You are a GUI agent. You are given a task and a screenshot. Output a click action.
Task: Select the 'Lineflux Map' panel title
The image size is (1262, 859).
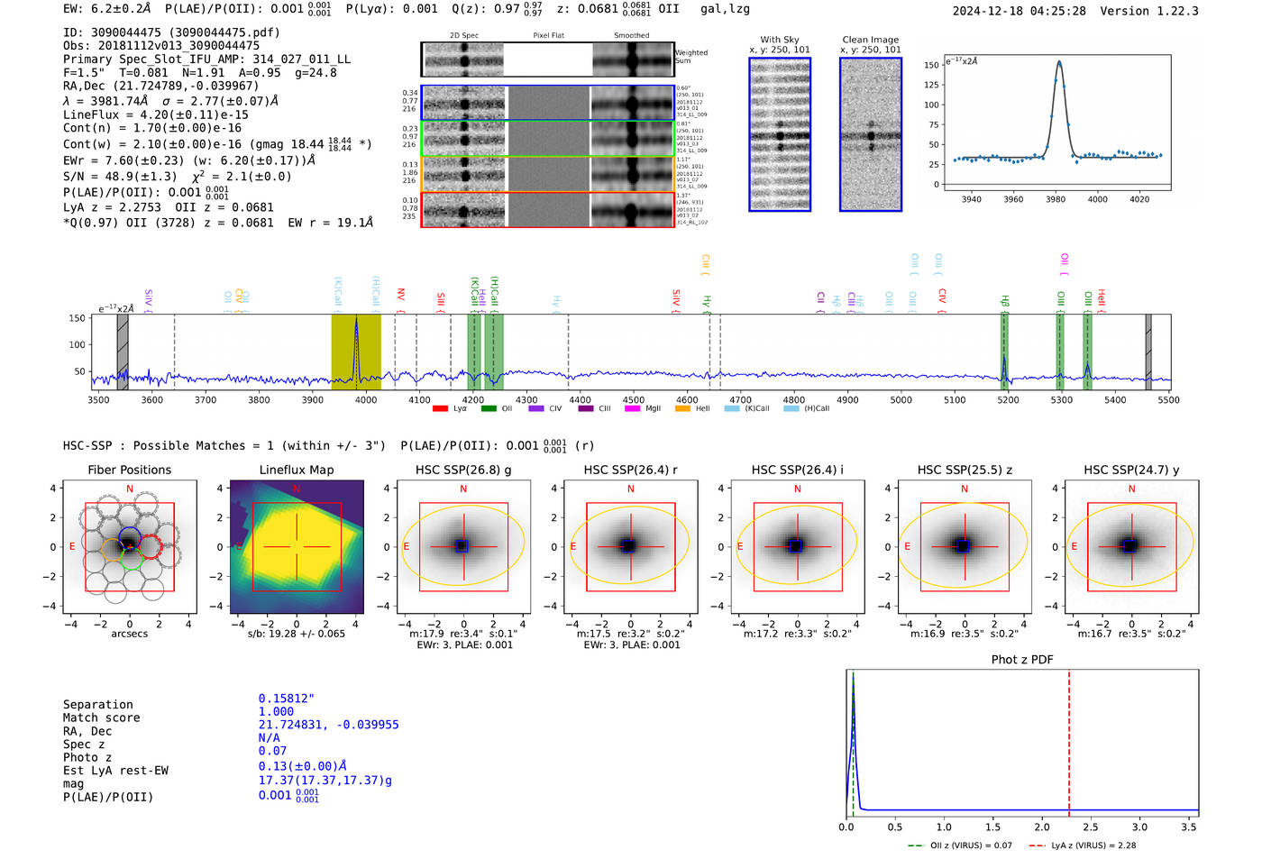pos(296,470)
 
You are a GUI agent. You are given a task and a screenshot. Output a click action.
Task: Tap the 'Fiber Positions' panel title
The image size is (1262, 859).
pos(129,470)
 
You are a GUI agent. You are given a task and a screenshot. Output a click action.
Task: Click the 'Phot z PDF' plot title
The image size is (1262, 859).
pos(1022,659)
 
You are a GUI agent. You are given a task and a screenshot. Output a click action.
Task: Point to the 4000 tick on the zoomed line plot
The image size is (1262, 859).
pos(1097,199)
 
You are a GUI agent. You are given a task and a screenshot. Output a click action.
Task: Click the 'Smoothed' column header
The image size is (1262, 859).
pos(631,36)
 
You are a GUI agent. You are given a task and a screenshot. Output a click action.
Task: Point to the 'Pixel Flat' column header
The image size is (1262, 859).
pos(548,36)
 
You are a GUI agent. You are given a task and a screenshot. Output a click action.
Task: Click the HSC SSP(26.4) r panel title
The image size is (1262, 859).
pos(630,470)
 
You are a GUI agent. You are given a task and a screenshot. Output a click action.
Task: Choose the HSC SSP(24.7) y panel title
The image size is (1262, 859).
pos(1131,470)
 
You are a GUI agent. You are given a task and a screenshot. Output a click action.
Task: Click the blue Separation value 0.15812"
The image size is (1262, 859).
pos(287,699)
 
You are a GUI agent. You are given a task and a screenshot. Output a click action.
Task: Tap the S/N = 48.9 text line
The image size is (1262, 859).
pos(177,177)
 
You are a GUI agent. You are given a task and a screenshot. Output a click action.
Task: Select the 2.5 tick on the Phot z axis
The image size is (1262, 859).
pos(1091,827)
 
